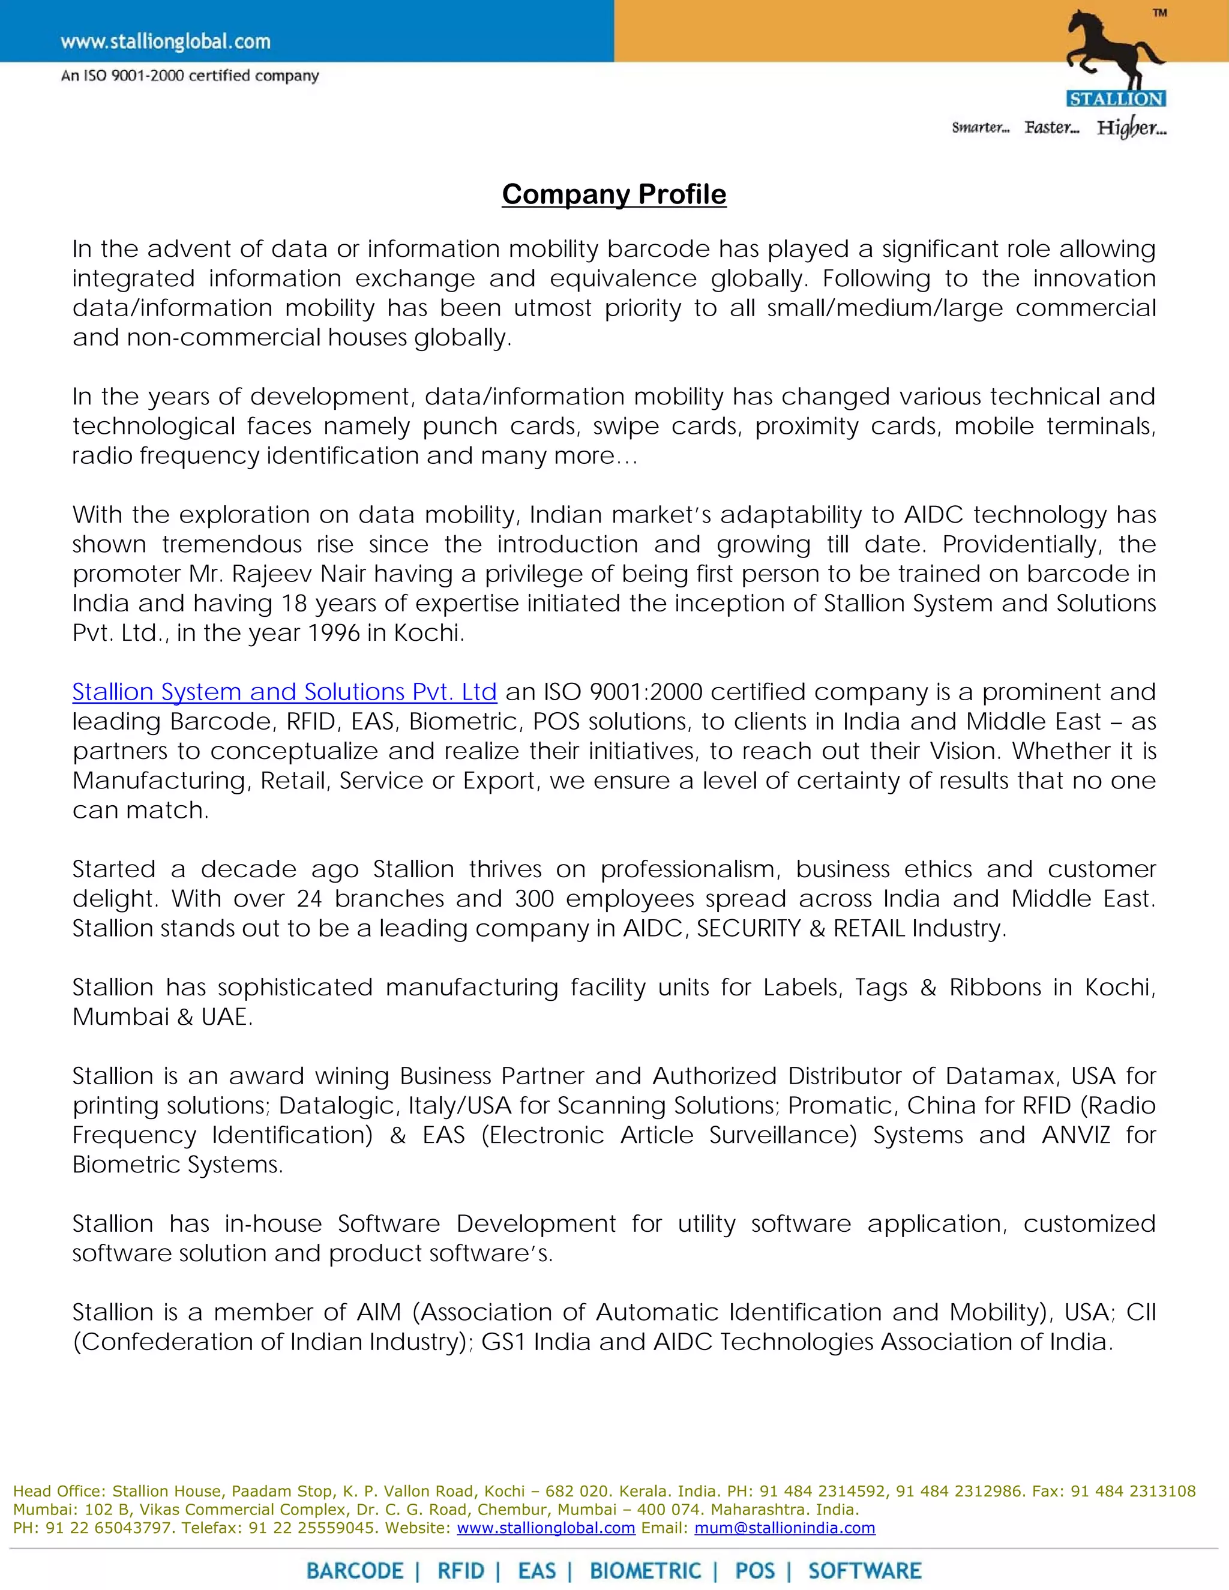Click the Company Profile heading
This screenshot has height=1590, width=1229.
tap(614, 194)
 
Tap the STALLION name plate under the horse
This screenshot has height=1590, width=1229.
tap(1116, 98)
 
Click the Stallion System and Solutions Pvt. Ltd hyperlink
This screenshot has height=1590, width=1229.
tap(284, 692)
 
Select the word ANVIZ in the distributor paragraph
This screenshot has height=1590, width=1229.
tap(1075, 1135)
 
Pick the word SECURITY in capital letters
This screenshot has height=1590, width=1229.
tap(748, 928)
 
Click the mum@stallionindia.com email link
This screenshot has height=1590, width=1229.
tap(784, 1528)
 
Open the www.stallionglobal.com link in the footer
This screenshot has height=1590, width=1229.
tap(545, 1528)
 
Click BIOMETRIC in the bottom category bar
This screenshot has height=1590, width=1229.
tap(645, 1571)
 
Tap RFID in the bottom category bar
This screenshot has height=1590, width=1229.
tap(460, 1571)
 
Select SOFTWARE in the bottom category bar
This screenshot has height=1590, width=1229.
tap(864, 1571)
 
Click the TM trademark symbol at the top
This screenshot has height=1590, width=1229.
tap(1159, 13)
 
